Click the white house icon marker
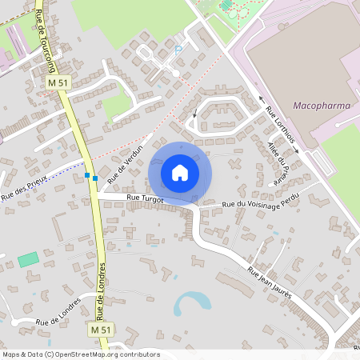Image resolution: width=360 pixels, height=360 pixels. tap(180, 173)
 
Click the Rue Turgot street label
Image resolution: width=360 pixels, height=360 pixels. tap(145, 198)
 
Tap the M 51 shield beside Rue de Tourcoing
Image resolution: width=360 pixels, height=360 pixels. tap(57, 82)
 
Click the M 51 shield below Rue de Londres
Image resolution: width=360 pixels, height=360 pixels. tap(99, 330)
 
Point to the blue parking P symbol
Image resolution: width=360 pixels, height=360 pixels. tap(178, 50)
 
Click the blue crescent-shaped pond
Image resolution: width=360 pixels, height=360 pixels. tap(192, 301)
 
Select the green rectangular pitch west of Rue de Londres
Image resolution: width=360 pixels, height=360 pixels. tap(28, 259)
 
